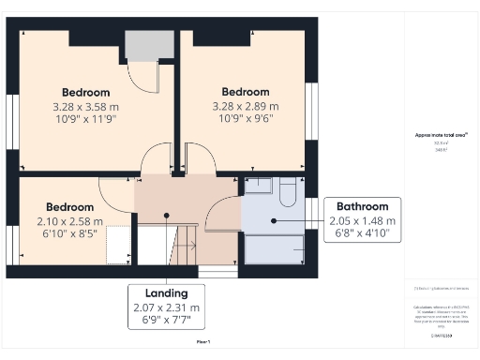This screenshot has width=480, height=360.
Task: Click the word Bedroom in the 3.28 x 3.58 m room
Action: (86, 92)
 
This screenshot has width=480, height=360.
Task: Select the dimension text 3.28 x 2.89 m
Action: (246, 106)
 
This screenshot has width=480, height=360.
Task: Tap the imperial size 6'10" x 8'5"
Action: (70, 234)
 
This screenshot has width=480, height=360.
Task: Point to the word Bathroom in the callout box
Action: (363, 206)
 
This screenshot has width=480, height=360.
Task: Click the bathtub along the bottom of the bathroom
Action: (274, 248)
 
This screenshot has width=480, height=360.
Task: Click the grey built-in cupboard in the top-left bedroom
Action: (144, 45)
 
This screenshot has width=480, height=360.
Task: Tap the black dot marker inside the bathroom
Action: (274, 221)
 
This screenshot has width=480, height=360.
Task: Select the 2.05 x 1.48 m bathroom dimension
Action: (363, 220)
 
